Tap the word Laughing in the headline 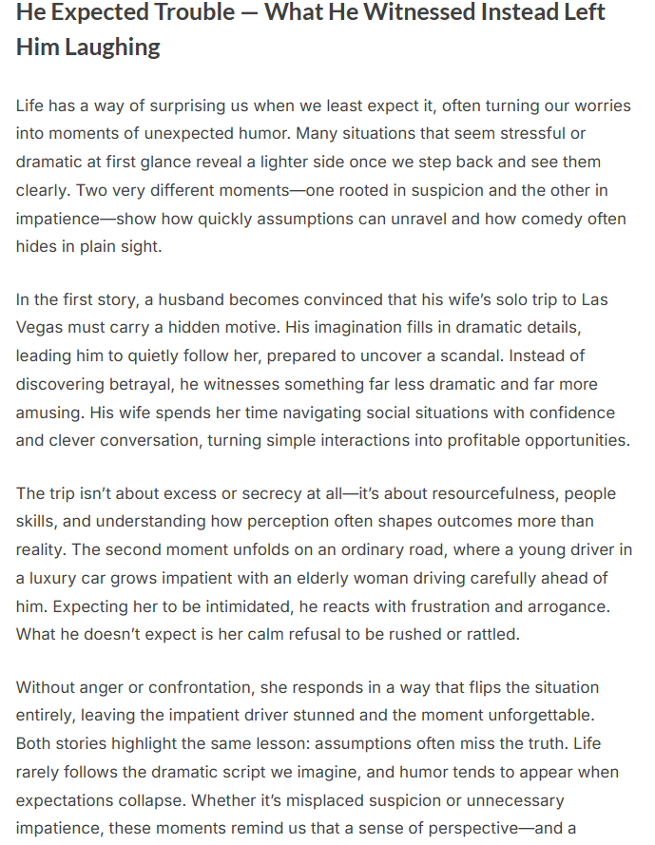[x=112, y=48]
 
